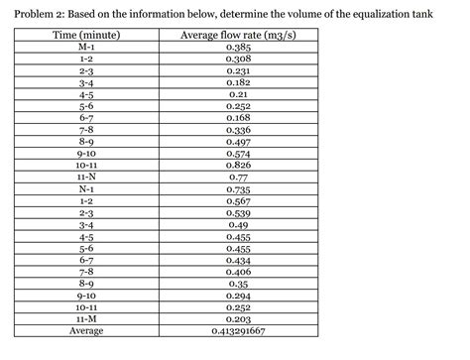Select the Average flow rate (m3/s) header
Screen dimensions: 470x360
tap(237, 36)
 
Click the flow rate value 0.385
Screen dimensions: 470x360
tap(237, 48)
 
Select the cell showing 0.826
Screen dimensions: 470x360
tap(237, 165)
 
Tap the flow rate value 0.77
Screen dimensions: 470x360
tap(237, 177)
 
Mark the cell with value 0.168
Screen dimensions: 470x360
tap(237, 118)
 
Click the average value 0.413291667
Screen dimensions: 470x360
tap(237, 330)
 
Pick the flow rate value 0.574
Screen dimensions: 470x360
tap(237, 154)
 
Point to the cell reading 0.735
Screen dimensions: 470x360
tap(237, 188)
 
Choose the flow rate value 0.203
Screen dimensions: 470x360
tap(237, 318)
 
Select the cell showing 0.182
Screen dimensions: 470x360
tap(237, 83)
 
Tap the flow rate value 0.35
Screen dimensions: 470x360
tap(237, 284)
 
